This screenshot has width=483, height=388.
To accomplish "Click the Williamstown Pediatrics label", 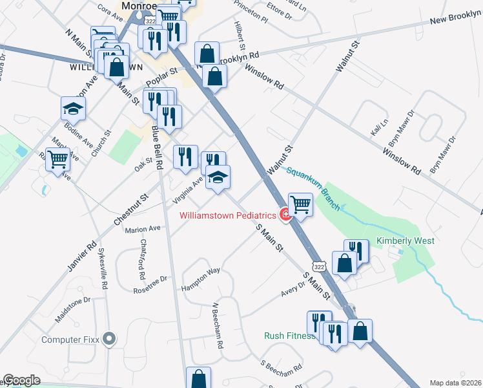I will coord(227,215).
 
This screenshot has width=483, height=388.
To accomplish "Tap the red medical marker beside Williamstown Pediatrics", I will coord(284,215).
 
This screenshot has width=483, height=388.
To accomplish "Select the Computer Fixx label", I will coord(70,339).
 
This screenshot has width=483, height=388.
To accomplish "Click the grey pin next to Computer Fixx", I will coord(109,338).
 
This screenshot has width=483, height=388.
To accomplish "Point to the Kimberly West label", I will coord(405,241).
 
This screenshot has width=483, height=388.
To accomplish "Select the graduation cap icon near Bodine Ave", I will coord(73,108).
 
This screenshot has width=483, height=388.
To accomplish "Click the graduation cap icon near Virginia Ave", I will coord(218,177).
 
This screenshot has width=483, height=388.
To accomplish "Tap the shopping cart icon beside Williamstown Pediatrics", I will coord(300,204).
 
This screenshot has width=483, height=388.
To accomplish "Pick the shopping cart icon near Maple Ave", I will coord(58,158).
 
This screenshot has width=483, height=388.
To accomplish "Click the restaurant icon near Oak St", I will coord(185,156).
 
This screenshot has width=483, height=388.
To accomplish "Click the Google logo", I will coord(21,380).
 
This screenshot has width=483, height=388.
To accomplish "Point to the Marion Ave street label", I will coord(143,229).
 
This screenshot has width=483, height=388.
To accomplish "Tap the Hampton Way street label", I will coord(201,279).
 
